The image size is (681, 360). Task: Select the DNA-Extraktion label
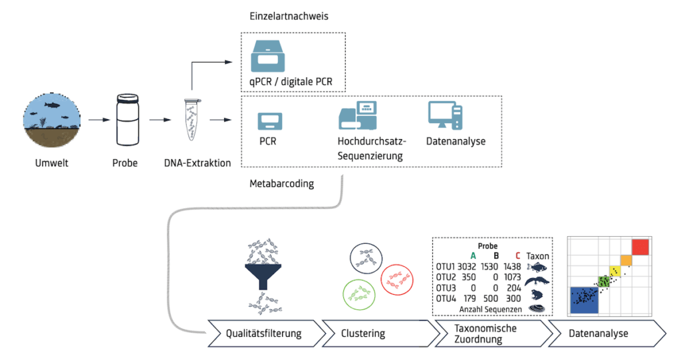(x=197, y=163)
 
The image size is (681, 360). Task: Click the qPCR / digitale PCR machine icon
(x=268, y=55)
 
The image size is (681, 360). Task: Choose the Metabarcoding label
(x=279, y=182)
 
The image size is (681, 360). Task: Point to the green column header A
(x=473, y=256)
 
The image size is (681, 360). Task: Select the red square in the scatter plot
(x=639, y=247)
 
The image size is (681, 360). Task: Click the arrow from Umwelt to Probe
(x=98, y=120)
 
